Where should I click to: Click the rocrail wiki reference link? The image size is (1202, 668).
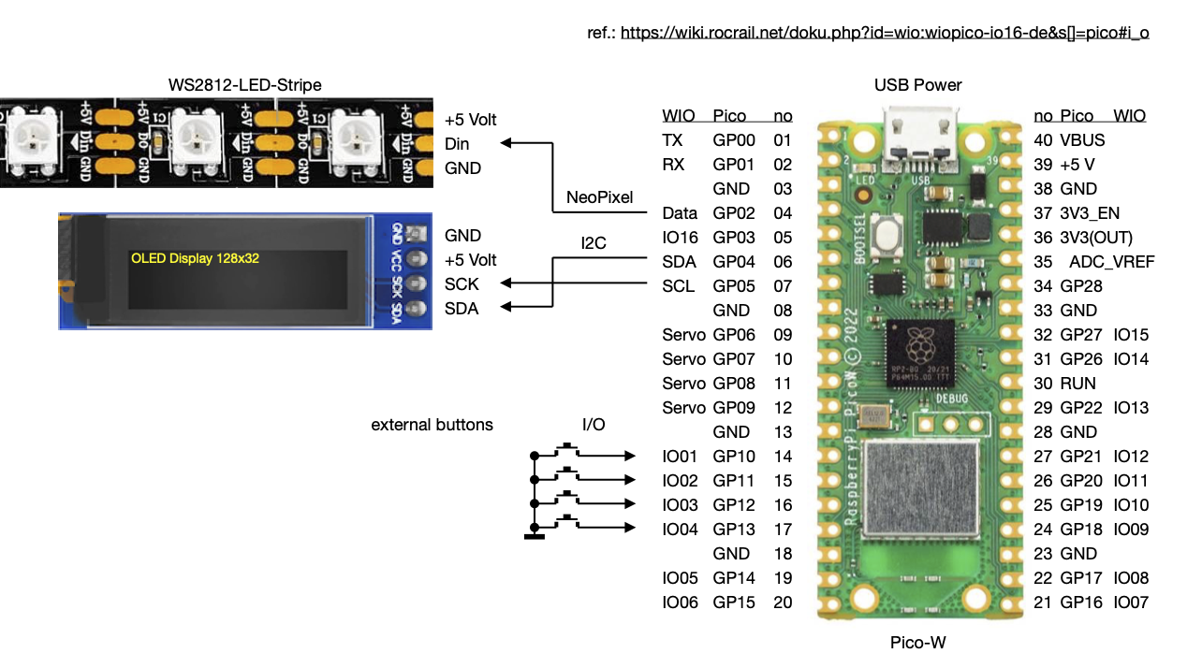coord(885,33)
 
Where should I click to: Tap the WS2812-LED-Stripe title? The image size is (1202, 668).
coord(244,85)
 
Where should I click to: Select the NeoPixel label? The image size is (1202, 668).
coord(600,198)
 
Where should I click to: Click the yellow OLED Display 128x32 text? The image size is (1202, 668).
coord(195,258)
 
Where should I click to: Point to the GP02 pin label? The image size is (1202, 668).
coord(734,213)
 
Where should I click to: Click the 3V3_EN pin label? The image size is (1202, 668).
coord(1090,213)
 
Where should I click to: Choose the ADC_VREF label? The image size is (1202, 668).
coord(1111,262)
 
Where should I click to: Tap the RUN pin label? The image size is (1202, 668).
coord(1077,384)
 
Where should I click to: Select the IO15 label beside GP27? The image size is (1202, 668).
coord(1131,335)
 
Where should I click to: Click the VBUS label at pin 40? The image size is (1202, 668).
coord(1082,140)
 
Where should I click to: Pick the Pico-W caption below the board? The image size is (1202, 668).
coord(917,643)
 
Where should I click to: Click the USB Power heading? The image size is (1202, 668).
coord(917,85)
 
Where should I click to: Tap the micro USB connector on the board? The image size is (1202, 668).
coord(918,135)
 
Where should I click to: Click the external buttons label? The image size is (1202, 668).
coord(432,425)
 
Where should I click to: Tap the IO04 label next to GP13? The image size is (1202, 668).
coord(681,530)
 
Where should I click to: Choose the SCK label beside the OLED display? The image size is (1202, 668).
coord(462,284)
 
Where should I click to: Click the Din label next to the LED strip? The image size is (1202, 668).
coord(457,144)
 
